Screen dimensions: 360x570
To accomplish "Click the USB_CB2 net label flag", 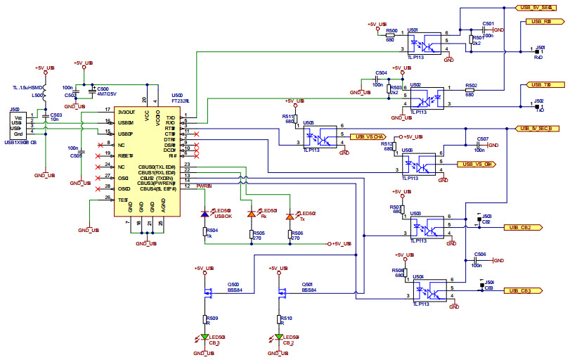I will [524, 228].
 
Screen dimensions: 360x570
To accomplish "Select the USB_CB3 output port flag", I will [524, 290].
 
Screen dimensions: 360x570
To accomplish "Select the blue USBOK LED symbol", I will [205, 214].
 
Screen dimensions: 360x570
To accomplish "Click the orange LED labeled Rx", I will [251, 214].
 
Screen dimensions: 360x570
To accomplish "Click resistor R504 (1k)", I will [205, 232].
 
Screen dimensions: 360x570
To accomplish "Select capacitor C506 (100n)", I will [481, 260].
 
